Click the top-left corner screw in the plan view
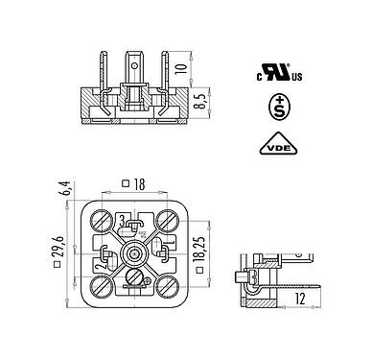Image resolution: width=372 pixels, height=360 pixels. [x=102, y=219]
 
